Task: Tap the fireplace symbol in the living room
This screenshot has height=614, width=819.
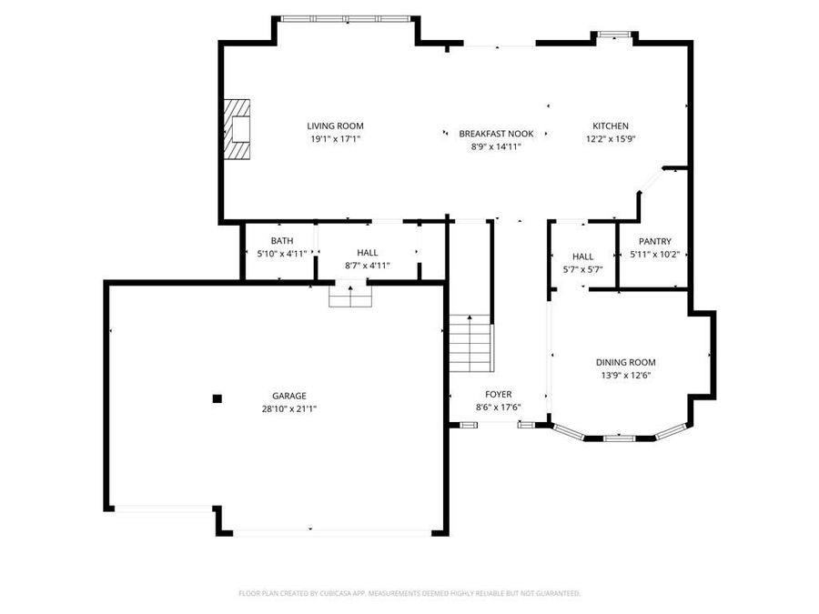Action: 238,130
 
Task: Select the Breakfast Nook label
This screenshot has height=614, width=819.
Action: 496,134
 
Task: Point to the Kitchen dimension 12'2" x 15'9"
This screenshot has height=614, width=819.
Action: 611,139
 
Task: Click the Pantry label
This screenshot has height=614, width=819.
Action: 654,241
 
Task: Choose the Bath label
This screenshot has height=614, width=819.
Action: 281,241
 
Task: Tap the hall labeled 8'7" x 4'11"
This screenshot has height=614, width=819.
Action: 367,266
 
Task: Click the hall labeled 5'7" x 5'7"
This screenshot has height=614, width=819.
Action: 582,269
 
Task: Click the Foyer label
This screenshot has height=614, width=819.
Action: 498,394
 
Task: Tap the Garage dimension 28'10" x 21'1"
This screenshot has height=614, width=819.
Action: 288,408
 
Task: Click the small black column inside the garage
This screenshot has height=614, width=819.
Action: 217,398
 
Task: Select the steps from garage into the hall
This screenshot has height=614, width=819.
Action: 351,297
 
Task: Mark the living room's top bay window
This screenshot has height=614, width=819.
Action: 345,18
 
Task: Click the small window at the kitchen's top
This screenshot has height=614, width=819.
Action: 613,35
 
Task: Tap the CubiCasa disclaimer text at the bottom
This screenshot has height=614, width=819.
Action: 409,593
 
